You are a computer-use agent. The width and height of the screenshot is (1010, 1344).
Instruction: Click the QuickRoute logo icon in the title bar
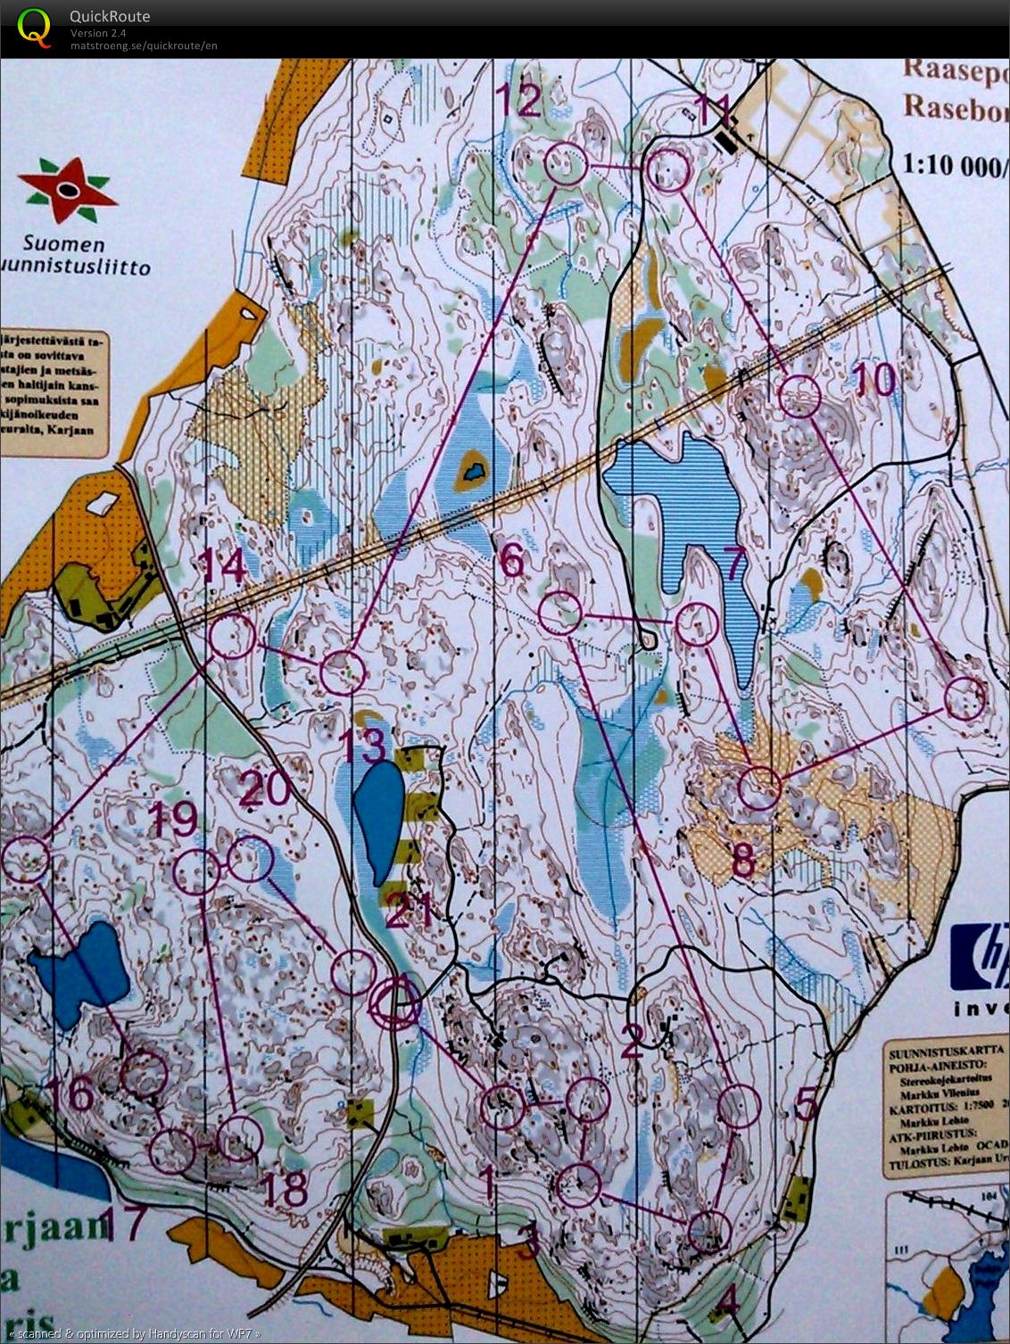(x=34, y=27)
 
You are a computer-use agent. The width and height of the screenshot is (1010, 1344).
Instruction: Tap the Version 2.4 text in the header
(x=99, y=33)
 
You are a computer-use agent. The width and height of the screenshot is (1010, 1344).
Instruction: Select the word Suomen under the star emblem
(x=63, y=244)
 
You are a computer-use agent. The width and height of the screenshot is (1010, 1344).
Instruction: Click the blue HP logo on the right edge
(x=981, y=958)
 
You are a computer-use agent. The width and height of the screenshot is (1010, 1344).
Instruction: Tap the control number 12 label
(x=519, y=100)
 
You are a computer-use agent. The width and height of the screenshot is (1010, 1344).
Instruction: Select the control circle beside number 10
(x=799, y=397)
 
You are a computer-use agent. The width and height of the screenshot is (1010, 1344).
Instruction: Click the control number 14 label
(x=223, y=565)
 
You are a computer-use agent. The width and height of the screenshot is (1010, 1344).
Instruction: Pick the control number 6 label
(x=512, y=561)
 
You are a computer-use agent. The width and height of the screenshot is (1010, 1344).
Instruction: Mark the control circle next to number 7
(x=697, y=624)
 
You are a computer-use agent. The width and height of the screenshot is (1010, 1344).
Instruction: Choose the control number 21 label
(x=410, y=911)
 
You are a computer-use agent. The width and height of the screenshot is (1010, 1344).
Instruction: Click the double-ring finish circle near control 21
(x=394, y=1003)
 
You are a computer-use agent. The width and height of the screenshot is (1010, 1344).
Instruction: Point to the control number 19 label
(x=172, y=818)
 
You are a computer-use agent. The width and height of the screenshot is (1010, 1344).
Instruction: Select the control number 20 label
(x=265, y=787)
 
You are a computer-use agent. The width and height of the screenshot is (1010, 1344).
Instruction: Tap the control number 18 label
(x=286, y=1187)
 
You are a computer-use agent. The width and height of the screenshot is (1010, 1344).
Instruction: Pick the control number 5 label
(x=806, y=1106)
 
